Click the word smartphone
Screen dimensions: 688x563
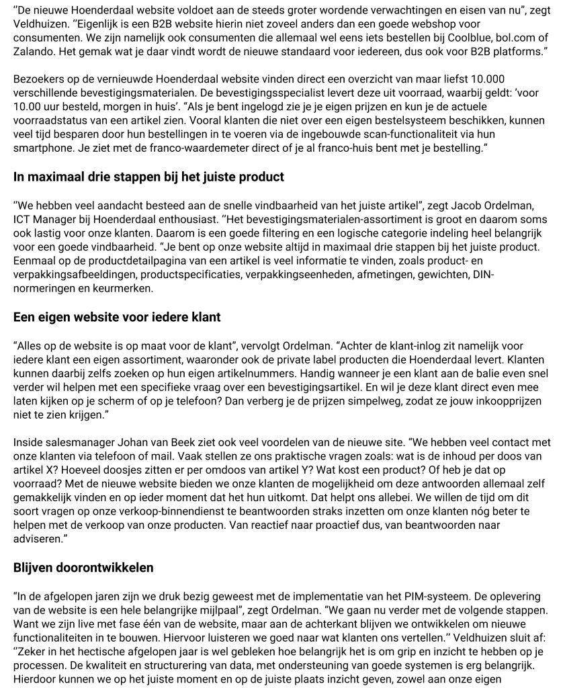42,147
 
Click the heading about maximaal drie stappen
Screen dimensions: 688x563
148,177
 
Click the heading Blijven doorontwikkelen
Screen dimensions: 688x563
83,568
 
